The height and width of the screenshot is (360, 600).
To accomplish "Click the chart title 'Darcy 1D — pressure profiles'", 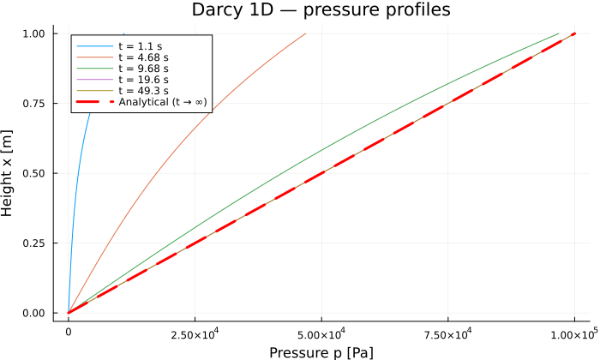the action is tap(321, 9).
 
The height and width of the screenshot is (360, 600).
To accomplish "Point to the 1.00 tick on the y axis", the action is tap(33, 33).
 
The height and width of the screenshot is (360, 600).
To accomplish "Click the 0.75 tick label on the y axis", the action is tap(33, 104).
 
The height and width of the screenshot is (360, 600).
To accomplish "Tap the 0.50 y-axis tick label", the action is tap(33, 173).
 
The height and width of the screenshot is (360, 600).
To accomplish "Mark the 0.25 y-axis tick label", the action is tap(33, 243).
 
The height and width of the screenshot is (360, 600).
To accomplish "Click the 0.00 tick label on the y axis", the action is tap(33, 313).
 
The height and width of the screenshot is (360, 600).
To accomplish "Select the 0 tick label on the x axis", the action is tap(69, 332).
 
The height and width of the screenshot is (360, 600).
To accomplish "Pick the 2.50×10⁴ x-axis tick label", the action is tap(195, 334).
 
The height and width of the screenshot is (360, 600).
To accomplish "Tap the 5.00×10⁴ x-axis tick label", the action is tap(321, 334).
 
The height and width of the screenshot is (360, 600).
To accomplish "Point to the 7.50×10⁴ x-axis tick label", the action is tap(447, 334).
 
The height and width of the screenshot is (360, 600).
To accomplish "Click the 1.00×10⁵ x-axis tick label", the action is tap(574, 334).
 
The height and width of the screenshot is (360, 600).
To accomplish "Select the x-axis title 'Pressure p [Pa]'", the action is tap(321, 352).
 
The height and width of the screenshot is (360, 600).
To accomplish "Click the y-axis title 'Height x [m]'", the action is tap(7, 173).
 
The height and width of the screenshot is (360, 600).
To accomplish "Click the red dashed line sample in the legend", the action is tap(95, 102).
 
